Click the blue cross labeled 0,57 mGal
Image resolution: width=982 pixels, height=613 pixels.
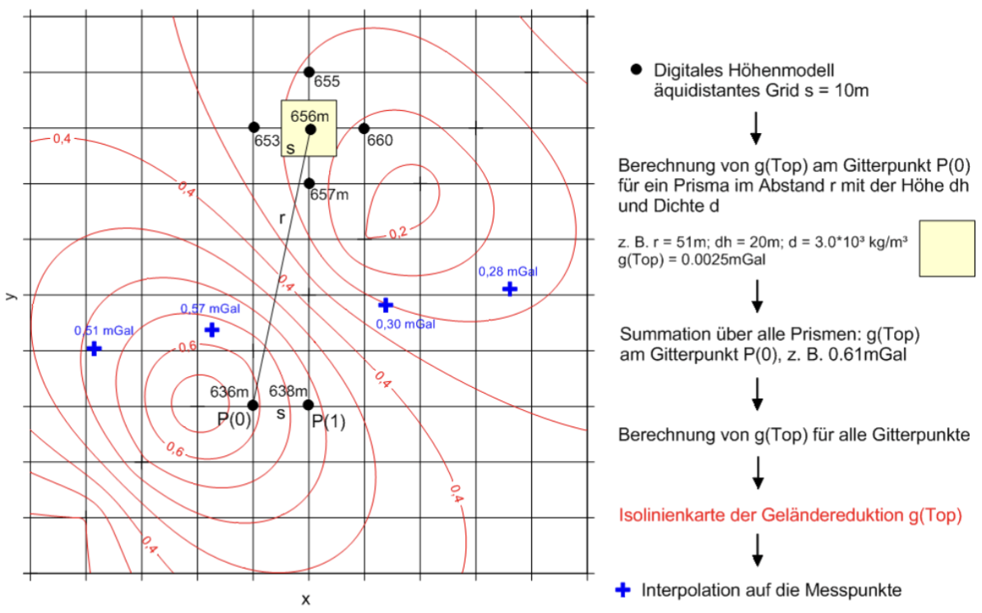click(211, 330)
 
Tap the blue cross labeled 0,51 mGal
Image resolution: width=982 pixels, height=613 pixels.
click(94, 348)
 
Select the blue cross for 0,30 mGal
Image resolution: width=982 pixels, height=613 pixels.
click(385, 305)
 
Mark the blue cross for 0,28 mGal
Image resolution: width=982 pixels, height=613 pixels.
click(509, 288)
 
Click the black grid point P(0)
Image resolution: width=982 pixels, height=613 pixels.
click(252, 405)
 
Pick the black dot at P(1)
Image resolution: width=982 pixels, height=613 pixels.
click(308, 405)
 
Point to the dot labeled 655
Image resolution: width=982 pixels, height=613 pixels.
click(308, 72)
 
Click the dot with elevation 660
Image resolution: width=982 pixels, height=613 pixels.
click(364, 128)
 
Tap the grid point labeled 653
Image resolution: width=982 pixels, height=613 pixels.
click(253, 127)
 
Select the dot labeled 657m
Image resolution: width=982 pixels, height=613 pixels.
click(308, 183)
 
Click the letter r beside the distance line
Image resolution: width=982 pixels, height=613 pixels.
click(281, 219)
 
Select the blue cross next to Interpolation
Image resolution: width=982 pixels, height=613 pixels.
click(624, 589)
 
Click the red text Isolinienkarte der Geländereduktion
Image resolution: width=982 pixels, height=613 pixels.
click(790, 516)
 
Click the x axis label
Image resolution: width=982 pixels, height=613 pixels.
click(305, 601)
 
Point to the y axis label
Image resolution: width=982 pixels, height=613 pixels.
click(10, 293)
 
